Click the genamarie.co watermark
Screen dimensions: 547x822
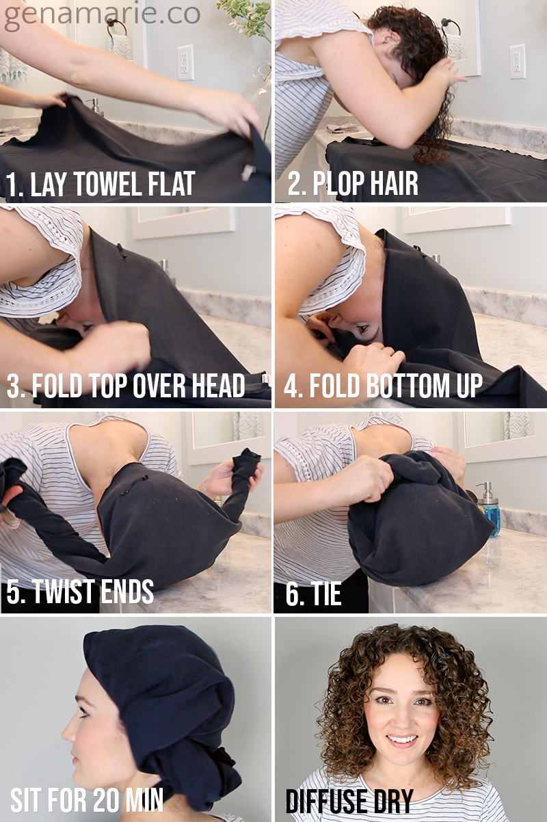pos(102,16)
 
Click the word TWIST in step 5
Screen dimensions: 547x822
pos(64,591)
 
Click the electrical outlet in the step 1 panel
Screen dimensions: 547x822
pos(185,62)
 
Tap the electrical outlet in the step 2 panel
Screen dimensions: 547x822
pos(518,62)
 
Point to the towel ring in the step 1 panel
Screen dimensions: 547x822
pos(117,28)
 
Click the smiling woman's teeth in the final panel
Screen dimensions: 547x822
pos(402,739)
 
